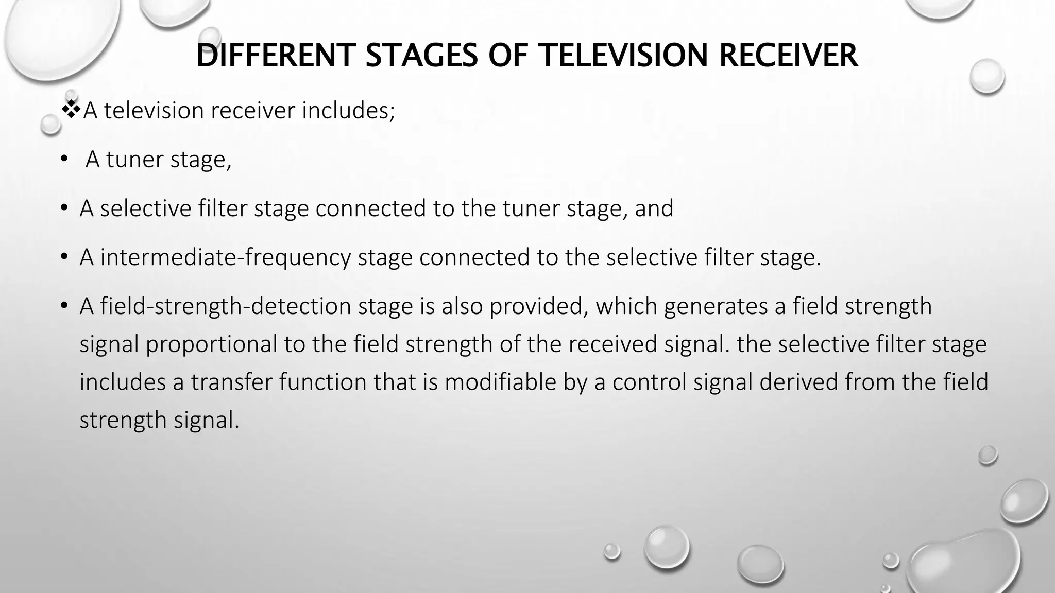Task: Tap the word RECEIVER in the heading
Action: [x=788, y=56]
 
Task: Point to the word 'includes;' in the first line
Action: [x=348, y=110]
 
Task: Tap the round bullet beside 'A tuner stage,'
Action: [x=64, y=159]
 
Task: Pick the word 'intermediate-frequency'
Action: [x=225, y=257]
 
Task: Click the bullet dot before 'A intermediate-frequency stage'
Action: [x=64, y=257]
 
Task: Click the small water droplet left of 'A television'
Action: [x=50, y=124]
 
